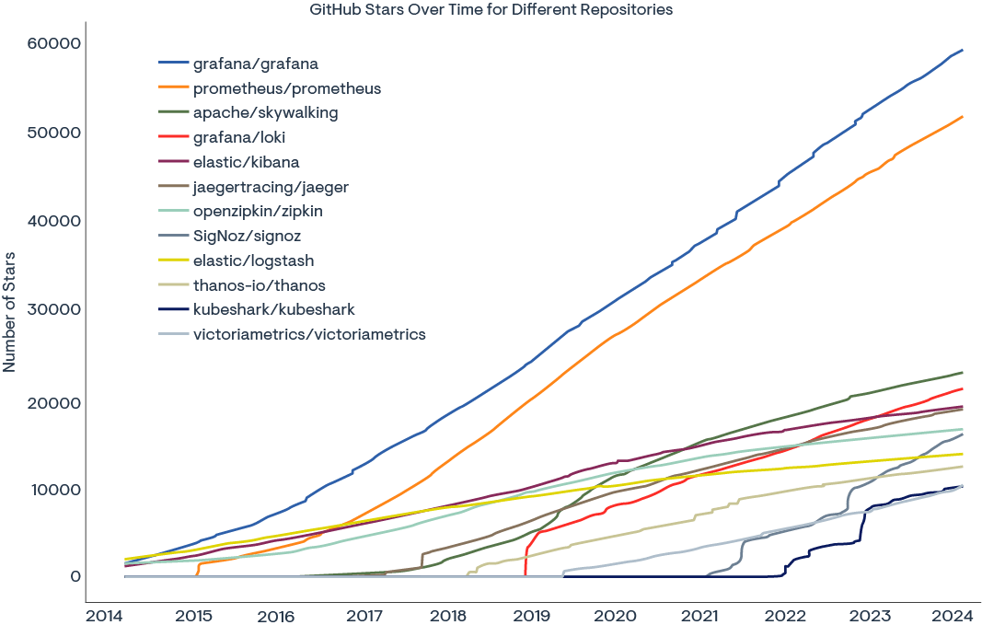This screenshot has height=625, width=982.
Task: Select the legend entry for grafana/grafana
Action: (256, 64)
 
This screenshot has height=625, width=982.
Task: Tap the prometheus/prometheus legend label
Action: (286, 89)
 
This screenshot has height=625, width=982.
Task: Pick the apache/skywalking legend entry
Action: (265, 113)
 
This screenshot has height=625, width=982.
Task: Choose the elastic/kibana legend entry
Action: (246, 163)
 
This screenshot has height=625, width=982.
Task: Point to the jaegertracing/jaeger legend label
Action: (271, 187)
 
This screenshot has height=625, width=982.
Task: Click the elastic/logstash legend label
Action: (253, 260)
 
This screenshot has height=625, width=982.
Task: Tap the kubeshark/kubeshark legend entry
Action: (273, 310)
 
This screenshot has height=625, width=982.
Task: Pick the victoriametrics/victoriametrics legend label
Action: (309, 334)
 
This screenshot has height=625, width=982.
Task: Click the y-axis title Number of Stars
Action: (9, 310)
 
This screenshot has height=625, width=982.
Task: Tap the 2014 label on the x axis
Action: (105, 614)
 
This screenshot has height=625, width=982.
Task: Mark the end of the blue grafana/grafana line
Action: (963, 50)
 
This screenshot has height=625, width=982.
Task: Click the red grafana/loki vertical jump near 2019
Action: (526, 557)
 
